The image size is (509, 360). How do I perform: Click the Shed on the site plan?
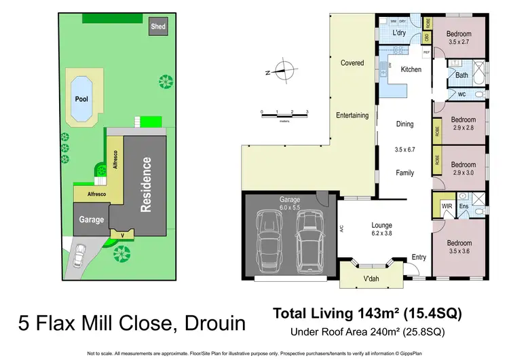click(x=158, y=27)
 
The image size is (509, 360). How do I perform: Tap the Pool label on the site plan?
click(x=81, y=99)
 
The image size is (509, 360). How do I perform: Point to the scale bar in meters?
click(x=284, y=114)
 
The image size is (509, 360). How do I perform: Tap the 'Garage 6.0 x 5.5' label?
click(x=290, y=203)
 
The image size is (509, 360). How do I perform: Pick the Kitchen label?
click(x=411, y=70)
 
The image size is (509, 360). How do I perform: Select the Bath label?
click(x=461, y=75)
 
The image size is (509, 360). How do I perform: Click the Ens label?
click(x=464, y=204)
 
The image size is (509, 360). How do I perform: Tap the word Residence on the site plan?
click(x=145, y=184)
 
